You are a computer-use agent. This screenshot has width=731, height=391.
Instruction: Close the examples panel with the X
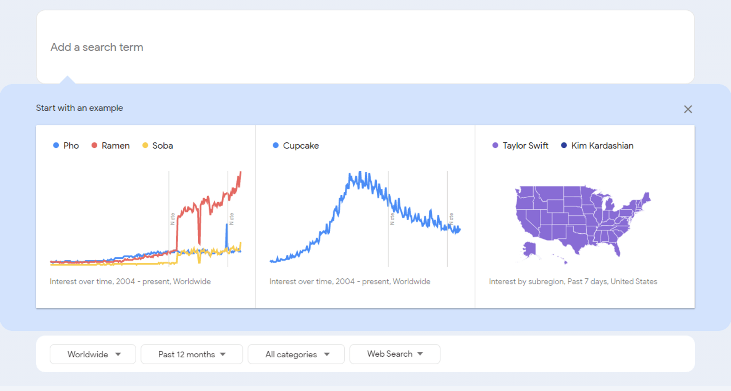point(688,109)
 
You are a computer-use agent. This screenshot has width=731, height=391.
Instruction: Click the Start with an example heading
point(79,108)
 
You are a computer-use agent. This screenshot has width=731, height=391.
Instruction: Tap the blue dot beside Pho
point(56,146)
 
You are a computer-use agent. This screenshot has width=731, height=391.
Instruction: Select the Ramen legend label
point(115,146)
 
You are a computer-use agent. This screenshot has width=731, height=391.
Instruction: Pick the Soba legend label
point(162,146)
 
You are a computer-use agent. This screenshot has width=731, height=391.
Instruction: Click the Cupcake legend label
point(301,146)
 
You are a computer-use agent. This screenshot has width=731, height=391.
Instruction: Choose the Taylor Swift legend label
point(525,146)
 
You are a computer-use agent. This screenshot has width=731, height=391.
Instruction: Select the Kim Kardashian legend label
point(602,146)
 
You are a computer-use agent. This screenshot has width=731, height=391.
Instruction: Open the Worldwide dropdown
point(93,354)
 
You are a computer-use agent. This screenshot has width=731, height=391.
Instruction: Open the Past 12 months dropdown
point(192,354)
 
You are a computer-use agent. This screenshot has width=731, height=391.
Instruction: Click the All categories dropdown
point(296,354)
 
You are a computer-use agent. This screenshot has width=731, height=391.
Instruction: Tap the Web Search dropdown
point(395,354)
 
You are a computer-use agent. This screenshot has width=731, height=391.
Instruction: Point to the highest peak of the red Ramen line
point(241,173)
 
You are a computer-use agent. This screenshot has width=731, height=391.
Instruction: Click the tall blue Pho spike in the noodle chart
point(227,226)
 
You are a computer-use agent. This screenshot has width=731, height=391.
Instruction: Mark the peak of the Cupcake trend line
point(360,173)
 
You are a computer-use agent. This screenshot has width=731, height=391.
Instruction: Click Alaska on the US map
point(530,249)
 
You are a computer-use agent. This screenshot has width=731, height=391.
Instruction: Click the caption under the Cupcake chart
point(350,282)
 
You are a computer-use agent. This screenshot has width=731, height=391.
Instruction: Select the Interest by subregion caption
point(573,282)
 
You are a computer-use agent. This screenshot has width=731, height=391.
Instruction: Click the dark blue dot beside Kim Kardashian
point(564,146)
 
